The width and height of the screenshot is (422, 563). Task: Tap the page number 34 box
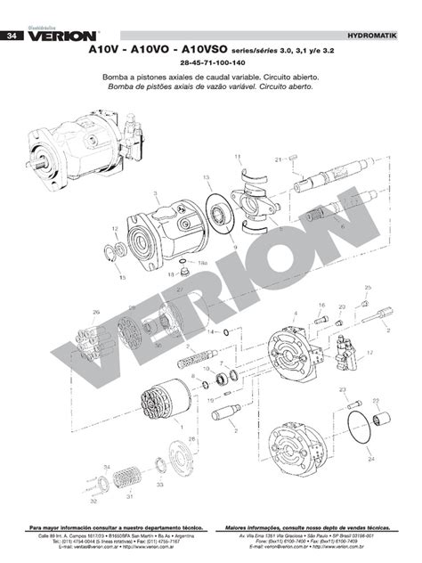click(11, 37)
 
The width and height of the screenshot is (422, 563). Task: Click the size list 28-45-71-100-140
click(211, 65)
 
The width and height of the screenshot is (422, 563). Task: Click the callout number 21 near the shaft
click(277, 159)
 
